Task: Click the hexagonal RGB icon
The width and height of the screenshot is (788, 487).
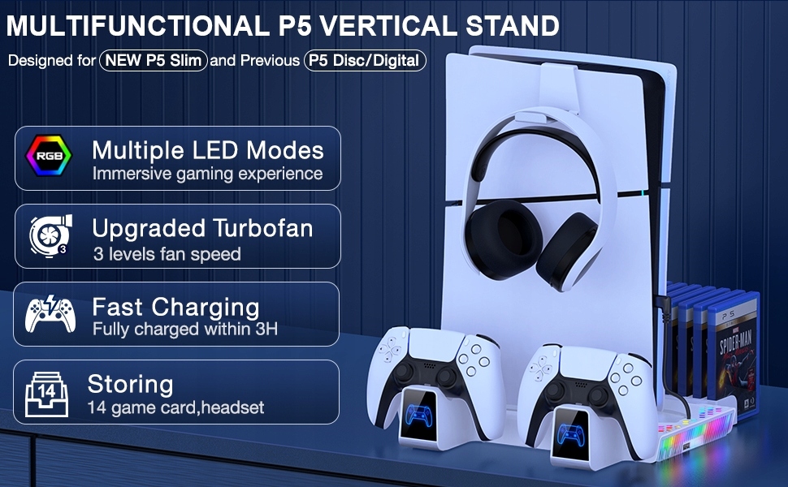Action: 49,155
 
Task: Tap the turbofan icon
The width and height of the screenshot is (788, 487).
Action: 50,235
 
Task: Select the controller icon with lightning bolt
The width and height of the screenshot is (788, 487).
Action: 50,314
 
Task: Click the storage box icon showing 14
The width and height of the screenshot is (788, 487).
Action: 47,394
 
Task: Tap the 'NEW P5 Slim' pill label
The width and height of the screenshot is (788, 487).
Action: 154,60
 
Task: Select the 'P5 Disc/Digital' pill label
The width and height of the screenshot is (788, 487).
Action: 365,60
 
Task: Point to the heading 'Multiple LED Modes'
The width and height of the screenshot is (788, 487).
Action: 208,150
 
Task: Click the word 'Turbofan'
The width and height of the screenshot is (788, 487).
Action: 263,228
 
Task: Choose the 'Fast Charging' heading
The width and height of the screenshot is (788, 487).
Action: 176,307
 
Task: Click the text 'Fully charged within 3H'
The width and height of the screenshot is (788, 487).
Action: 185,330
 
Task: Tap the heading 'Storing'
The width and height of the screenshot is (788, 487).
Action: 131,385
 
